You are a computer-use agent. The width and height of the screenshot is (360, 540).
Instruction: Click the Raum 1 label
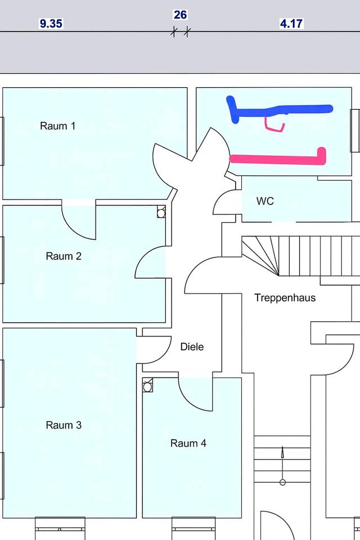(x=57, y=126)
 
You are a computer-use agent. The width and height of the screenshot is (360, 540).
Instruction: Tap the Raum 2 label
(x=64, y=256)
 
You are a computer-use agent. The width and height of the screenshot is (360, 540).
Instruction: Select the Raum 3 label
(x=64, y=425)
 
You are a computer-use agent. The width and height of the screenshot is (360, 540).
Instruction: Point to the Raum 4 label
(x=188, y=443)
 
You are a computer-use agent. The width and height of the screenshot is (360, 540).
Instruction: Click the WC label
(x=265, y=201)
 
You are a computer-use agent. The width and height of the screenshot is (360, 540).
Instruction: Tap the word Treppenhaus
(x=285, y=298)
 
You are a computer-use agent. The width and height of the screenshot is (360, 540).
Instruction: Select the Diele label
(x=192, y=347)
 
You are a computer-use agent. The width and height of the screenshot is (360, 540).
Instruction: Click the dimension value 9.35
(x=51, y=24)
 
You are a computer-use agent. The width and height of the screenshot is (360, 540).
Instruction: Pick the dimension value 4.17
(x=291, y=24)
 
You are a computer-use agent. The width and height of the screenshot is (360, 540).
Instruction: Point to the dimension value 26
(x=180, y=15)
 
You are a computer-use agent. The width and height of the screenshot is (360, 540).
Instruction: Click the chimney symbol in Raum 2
(x=161, y=212)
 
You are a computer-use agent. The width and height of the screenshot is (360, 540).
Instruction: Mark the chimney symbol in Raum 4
(x=148, y=386)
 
